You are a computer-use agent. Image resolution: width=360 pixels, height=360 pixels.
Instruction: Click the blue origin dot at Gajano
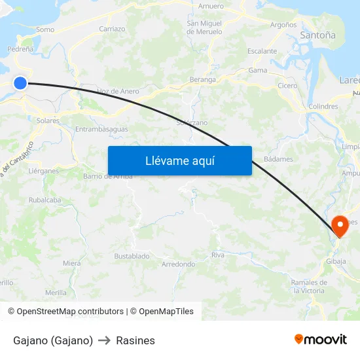(20, 82)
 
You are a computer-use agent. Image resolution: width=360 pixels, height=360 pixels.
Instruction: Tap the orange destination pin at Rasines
(340, 226)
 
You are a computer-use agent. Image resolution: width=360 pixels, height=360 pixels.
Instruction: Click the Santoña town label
(317, 35)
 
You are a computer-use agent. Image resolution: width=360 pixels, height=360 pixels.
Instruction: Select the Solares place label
(48, 120)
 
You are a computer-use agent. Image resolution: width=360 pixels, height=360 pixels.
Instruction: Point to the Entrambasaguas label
(101, 129)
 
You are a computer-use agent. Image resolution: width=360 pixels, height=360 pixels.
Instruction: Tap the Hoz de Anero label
(118, 91)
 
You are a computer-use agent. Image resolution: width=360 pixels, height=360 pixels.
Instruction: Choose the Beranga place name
(202, 79)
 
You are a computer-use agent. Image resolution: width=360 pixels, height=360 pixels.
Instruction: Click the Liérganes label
(43, 171)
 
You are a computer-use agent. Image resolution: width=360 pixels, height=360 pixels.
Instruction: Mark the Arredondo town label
(178, 264)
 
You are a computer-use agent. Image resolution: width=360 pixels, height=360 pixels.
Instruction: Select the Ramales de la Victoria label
(308, 286)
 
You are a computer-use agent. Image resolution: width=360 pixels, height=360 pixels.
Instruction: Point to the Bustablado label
(132, 256)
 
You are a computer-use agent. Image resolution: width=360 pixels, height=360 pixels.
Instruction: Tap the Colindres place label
(323, 106)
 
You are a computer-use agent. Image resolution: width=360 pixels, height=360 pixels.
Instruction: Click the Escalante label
(262, 51)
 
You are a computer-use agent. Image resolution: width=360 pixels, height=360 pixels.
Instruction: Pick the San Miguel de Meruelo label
(204, 27)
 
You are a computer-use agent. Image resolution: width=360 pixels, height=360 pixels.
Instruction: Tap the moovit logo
(321, 340)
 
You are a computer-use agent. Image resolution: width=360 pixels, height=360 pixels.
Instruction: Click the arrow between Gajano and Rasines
(105, 340)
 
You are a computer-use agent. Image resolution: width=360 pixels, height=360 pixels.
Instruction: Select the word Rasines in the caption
(135, 340)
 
